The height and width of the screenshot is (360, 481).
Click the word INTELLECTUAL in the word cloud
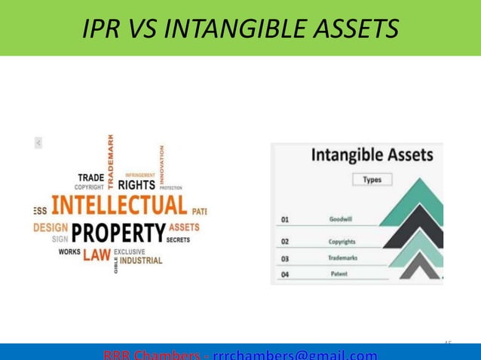click(x=118, y=205)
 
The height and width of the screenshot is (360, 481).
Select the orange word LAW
click(x=97, y=255)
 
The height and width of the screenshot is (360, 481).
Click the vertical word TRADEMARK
click(x=112, y=160)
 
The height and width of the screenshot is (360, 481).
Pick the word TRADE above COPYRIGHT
click(x=91, y=178)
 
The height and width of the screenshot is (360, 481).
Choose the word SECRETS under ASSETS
click(x=178, y=239)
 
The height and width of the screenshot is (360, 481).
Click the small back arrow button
click(x=38, y=142)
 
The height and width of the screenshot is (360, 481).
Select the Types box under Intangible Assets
click(x=372, y=180)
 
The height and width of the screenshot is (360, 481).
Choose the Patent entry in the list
click(x=340, y=274)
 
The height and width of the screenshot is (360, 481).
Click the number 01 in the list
click(x=285, y=220)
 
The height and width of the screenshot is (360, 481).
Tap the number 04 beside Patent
click(x=285, y=275)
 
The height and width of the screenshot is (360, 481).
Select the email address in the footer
click(x=295, y=355)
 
